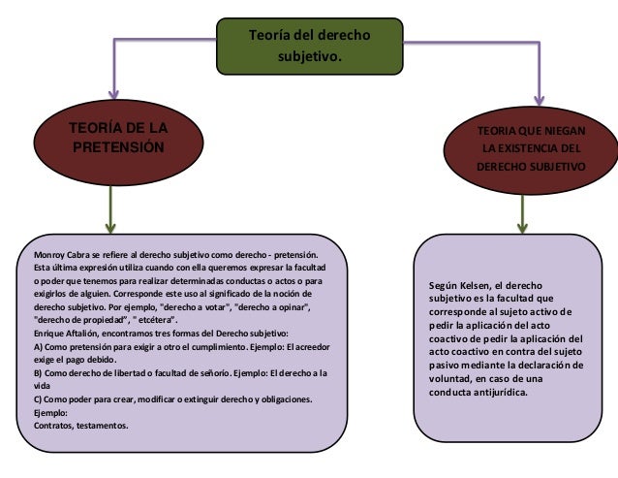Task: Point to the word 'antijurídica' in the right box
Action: [x=500, y=394]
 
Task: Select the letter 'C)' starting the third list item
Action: [x=39, y=398]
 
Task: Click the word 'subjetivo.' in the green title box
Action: [x=309, y=57]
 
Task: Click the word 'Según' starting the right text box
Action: [x=445, y=287]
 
